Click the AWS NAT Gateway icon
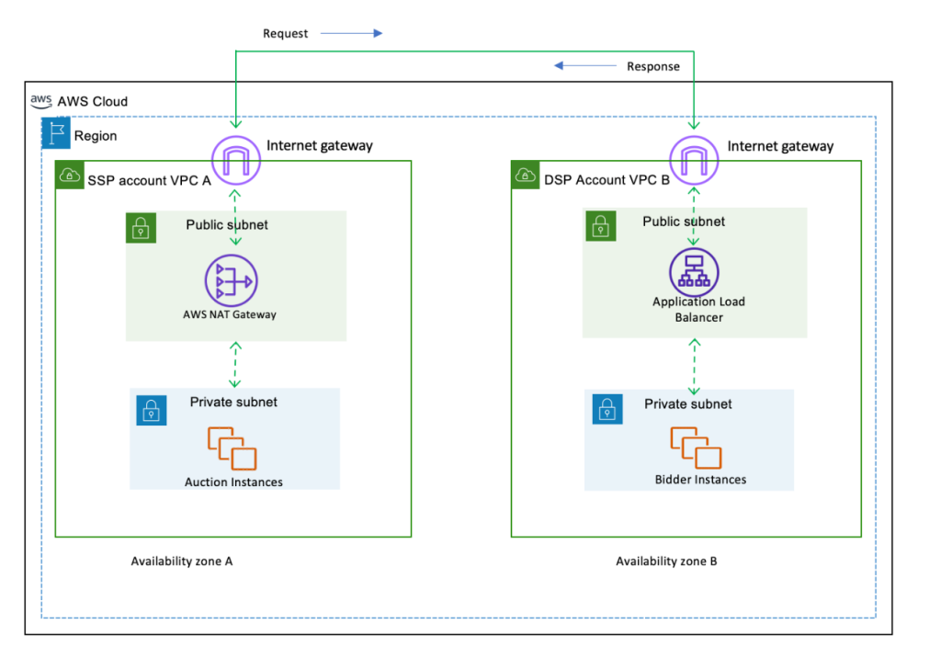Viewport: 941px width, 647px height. (x=232, y=281)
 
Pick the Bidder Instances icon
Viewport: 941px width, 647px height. (x=697, y=448)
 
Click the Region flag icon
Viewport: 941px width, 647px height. (x=56, y=133)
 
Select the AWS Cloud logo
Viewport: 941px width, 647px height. (x=40, y=99)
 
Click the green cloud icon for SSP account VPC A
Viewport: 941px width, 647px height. (x=69, y=176)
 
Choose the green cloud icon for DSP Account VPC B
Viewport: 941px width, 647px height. (x=524, y=176)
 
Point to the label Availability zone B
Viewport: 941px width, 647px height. (x=666, y=562)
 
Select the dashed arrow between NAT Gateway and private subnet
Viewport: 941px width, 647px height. (x=236, y=364)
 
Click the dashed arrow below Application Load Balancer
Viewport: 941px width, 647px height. (x=693, y=365)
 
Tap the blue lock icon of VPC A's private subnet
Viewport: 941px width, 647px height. (x=151, y=410)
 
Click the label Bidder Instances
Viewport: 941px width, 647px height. (x=700, y=480)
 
